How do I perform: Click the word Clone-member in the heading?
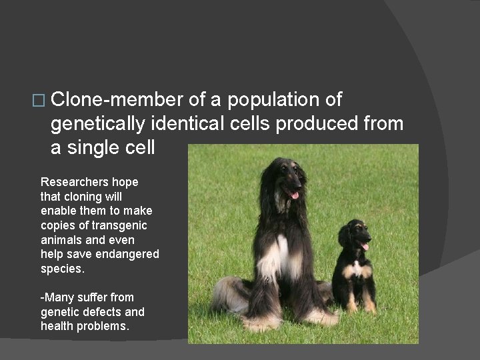[x=116, y=100]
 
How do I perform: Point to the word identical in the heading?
[x=188, y=123]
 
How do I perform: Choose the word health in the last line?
[x=57, y=326]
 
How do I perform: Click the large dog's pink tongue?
[x=295, y=195]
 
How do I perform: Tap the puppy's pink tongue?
[x=364, y=247]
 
